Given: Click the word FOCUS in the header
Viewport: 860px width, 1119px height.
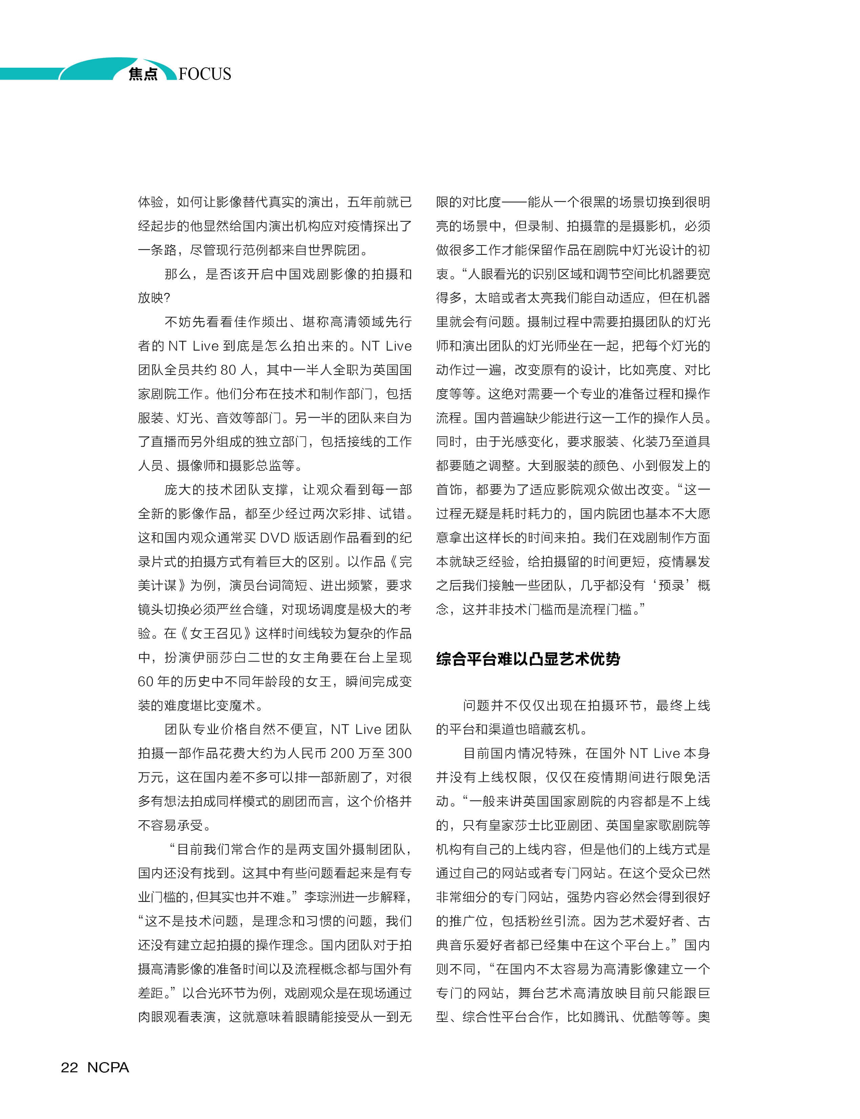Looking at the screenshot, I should [205, 74].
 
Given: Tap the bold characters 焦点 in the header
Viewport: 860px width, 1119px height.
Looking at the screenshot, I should [143, 74].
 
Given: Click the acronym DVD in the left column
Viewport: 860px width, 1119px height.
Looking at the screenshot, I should [276, 538].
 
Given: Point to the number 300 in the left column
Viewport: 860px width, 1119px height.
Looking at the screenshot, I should [400, 753].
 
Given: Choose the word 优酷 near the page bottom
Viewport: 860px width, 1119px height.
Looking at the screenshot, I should [646, 1017].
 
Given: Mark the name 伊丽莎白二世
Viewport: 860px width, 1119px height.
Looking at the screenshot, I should [248, 657].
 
